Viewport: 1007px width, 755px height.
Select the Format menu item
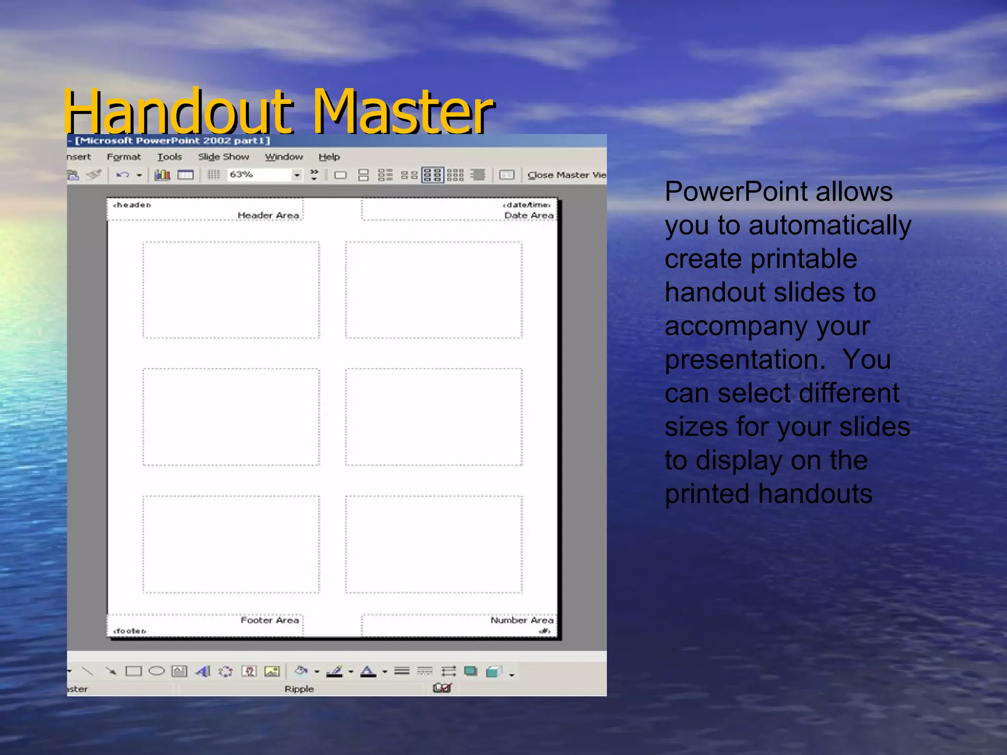(123, 157)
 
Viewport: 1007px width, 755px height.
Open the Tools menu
(169, 157)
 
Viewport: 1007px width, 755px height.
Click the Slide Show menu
(223, 157)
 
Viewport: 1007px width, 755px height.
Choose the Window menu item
(284, 157)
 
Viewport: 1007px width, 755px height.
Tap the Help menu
(329, 157)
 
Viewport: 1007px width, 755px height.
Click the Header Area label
(268, 215)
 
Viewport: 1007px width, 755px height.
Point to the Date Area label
(529, 215)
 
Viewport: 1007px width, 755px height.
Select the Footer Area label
(269, 620)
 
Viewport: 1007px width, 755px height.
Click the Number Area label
(522, 620)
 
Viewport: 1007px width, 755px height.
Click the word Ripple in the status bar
(299, 689)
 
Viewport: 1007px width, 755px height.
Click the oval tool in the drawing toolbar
(156, 671)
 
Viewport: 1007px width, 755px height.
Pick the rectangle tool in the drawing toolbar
(133, 671)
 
